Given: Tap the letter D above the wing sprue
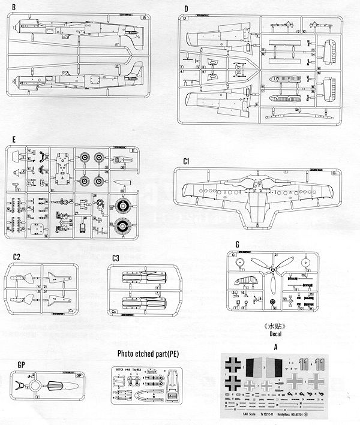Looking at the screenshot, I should [x=187, y=10].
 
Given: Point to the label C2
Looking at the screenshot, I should [x=17, y=257].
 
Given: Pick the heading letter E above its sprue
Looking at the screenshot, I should [x=13, y=140].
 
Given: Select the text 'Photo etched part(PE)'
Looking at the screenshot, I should [x=148, y=354].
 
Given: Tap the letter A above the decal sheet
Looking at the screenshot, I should [x=274, y=346].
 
